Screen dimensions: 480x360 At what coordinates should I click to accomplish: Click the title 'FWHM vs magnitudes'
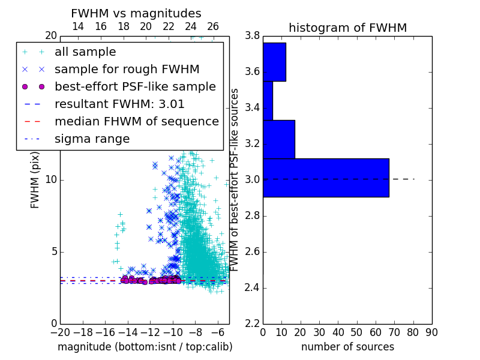click(x=136, y=13)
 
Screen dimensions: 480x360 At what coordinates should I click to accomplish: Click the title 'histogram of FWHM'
click(x=348, y=28)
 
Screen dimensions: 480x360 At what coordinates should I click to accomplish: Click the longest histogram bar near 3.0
click(x=326, y=178)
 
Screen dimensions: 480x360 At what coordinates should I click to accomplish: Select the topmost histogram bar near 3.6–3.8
click(x=275, y=62)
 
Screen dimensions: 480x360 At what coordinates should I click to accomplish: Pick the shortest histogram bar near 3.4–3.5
click(x=268, y=101)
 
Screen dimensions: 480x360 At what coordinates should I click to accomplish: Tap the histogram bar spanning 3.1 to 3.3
click(x=279, y=140)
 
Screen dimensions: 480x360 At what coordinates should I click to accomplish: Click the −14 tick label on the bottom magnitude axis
click(x=128, y=332)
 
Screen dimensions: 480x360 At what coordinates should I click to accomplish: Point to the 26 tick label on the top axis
click(x=213, y=26)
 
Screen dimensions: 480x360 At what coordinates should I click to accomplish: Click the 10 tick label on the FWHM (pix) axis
click(x=51, y=179)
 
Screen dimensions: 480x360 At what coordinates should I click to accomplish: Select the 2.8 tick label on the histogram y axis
click(x=252, y=216)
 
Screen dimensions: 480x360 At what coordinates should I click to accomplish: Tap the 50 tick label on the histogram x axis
click(x=357, y=332)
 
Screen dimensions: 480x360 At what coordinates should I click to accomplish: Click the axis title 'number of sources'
click(x=348, y=347)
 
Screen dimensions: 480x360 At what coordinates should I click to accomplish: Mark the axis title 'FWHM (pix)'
click(x=35, y=180)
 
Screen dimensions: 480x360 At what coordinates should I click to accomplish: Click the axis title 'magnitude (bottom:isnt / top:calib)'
click(x=145, y=347)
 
